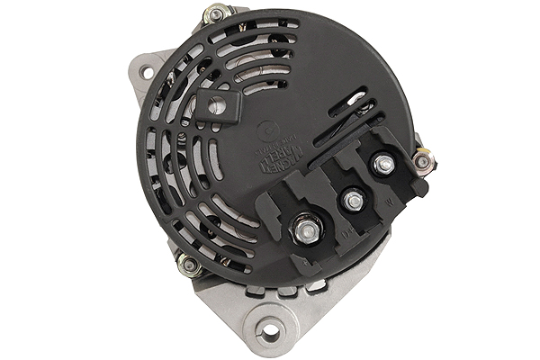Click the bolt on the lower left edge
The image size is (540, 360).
tap(188, 265)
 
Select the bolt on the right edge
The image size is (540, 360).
tap(422, 161)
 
